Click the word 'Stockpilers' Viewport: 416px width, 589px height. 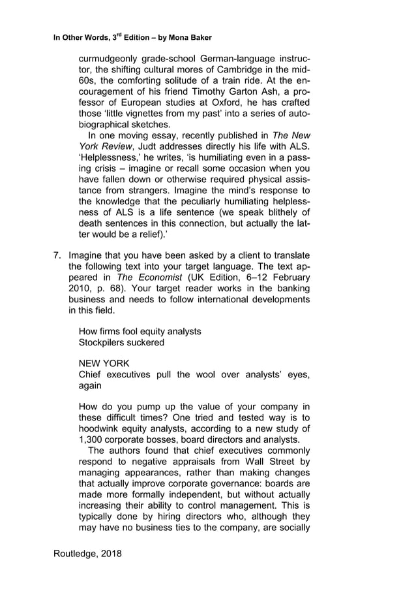(104, 342)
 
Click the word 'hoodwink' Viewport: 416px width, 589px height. (101, 428)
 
